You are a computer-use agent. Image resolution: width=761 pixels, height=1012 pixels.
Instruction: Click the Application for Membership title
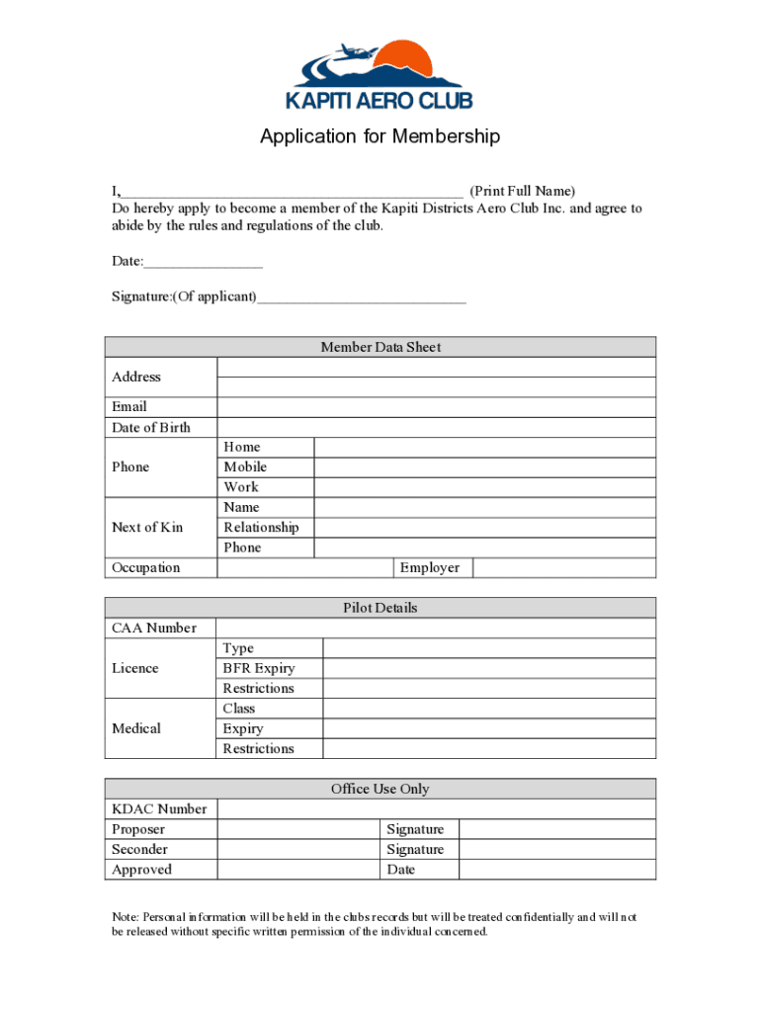point(380,136)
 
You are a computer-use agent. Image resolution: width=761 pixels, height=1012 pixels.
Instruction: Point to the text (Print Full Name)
point(522,191)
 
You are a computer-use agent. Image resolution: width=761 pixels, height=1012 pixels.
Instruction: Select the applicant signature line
point(361,296)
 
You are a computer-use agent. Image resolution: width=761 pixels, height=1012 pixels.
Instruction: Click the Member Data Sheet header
point(380,347)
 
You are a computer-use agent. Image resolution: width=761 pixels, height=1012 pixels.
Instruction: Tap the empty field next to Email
point(435,407)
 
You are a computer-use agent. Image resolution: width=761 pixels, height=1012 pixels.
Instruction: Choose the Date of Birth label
point(151,427)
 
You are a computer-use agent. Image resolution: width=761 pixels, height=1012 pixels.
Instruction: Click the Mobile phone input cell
point(484,467)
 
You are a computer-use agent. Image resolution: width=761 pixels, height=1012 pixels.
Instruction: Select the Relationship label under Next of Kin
point(261,528)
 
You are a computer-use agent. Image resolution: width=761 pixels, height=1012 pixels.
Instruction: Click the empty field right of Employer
point(563,568)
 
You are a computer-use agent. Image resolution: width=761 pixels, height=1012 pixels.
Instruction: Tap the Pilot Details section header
point(380,608)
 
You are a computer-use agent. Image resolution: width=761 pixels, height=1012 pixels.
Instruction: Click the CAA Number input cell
point(435,629)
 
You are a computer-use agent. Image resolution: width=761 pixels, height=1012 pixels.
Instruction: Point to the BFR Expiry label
point(259,668)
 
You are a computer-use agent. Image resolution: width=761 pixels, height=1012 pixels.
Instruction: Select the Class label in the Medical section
point(239,709)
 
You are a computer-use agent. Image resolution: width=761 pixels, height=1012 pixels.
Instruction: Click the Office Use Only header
point(380,789)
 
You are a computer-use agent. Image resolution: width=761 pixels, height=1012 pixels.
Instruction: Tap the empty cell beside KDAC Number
point(435,809)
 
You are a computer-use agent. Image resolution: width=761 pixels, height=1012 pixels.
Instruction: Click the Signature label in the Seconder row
point(415,850)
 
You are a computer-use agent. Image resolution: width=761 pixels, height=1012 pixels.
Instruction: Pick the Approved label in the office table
point(142,870)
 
